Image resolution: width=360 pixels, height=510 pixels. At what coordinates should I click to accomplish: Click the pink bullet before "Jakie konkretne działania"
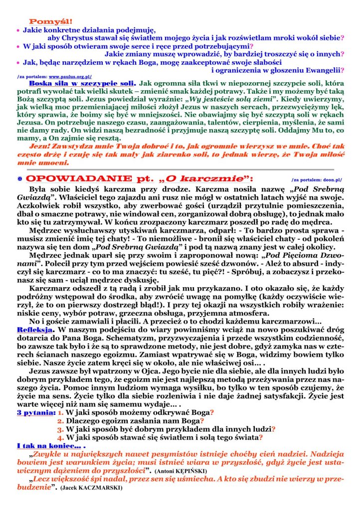tap(18, 30)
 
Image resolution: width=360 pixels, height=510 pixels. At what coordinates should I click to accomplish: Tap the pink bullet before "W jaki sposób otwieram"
tap(18, 46)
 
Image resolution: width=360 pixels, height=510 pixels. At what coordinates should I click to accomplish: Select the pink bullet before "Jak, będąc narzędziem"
tap(18, 63)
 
